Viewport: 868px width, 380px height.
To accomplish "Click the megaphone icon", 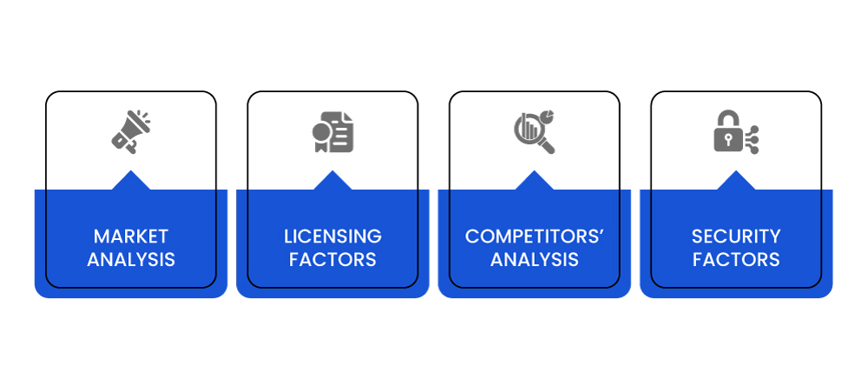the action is click(x=131, y=131).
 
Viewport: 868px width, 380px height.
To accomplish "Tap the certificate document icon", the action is click(x=332, y=132).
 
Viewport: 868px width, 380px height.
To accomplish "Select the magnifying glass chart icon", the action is click(x=534, y=132).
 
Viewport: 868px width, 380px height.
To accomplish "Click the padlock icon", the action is click(x=736, y=131).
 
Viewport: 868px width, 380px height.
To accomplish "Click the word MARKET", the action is click(x=131, y=237).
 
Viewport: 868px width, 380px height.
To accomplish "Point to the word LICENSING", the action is click(x=332, y=237).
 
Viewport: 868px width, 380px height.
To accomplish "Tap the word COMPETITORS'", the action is click(x=534, y=237).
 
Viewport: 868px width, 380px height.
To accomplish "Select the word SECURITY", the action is click(x=736, y=237).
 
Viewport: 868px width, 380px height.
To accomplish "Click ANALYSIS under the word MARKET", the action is click(x=131, y=259).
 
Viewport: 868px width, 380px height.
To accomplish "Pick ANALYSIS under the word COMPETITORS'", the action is click(x=534, y=259).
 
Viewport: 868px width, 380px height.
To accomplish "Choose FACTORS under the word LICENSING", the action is click(x=332, y=259).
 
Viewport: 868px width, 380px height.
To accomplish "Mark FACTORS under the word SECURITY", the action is click(x=736, y=259).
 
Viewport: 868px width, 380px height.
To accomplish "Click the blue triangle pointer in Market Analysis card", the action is click(x=131, y=182).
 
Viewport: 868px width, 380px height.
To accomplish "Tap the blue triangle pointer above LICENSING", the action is click(x=332, y=182).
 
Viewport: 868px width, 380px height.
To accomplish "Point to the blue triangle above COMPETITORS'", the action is click(x=534, y=182).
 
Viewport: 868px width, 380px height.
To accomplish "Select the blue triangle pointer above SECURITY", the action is click(x=736, y=182).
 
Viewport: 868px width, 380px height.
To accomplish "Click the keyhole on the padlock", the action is click(x=728, y=140).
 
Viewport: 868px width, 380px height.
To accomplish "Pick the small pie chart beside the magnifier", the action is click(x=548, y=117).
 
